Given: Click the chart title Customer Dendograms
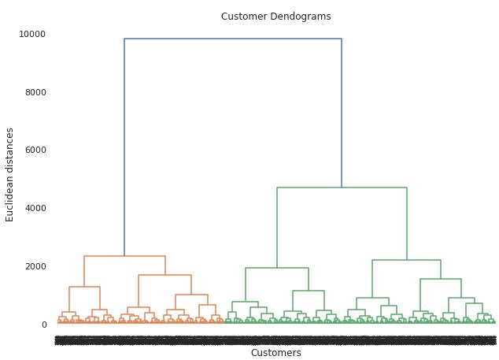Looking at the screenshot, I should (275, 17).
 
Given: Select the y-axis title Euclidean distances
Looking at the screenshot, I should (10, 174).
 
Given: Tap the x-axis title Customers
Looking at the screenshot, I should (275, 353).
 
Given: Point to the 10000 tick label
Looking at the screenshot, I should (32, 34).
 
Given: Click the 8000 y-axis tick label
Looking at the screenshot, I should (35, 92).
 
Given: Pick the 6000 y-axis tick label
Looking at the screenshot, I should (35, 150).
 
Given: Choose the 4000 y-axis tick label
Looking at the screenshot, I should (35, 208).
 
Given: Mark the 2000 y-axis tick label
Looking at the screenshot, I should (35, 266).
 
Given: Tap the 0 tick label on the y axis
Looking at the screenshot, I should (43, 325).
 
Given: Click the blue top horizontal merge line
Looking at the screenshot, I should (232, 39).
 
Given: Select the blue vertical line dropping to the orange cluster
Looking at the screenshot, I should (124, 150).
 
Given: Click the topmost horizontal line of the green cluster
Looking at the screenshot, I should (342, 187).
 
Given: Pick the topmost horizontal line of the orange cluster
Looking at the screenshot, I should (124, 256).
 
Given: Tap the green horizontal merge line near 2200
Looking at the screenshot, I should (406, 260).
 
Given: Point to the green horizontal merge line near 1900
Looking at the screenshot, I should (277, 268).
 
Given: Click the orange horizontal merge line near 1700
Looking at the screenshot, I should (164, 275).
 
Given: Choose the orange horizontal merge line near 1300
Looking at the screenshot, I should (84, 287).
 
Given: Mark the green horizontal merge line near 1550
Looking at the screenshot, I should (440, 279).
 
